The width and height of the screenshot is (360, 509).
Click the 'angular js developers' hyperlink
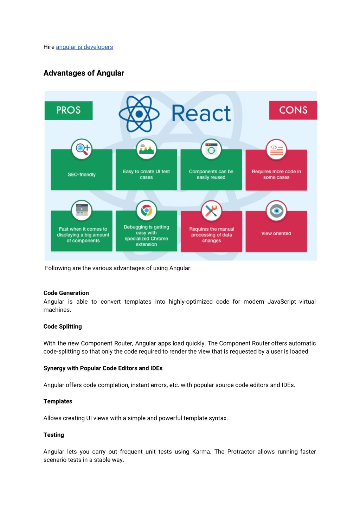(x=84, y=47)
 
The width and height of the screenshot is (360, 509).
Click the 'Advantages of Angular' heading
(x=84, y=73)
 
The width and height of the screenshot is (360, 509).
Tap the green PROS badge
(x=69, y=110)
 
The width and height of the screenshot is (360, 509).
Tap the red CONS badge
(x=293, y=110)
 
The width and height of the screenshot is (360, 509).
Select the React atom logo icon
(x=139, y=114)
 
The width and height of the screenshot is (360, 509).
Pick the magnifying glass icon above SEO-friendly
(x=82, y=149)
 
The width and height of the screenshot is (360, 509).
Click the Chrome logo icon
(x=146, y=211)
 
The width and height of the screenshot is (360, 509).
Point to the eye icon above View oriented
(x=276, y=211)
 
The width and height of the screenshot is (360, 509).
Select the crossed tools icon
(x=211, y=211)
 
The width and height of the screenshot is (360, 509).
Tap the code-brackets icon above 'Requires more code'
(x=276, y=149)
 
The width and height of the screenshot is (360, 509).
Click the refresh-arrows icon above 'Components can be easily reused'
(x=211, y=149)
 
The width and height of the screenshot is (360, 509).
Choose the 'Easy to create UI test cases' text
(x=146, y=174)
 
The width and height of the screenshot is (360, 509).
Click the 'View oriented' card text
(x=276, y=233)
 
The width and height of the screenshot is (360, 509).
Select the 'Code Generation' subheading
(x=66, y=293)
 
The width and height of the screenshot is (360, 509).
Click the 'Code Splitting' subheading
(x=63, y=326)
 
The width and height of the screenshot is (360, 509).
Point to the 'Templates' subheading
(x=58, y=401)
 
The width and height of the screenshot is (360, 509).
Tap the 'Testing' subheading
(x=54, y=435)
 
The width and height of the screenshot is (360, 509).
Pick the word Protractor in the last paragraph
(x=241, y=451)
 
